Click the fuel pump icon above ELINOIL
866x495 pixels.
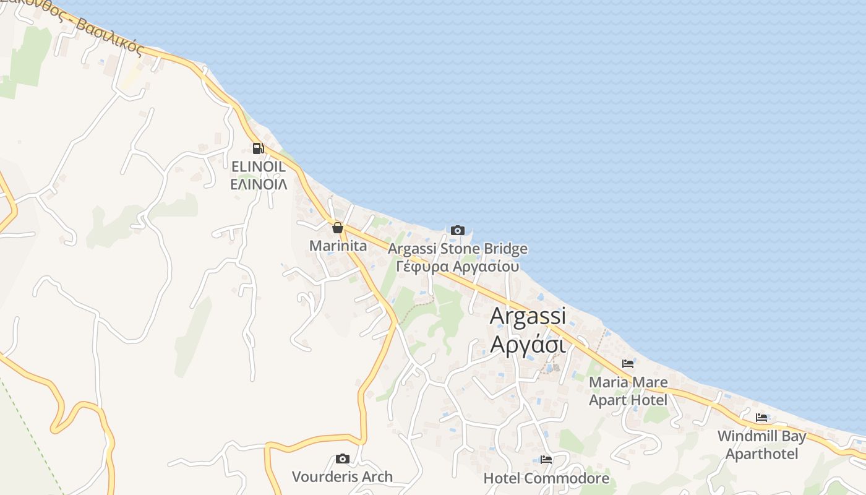coord(258,148)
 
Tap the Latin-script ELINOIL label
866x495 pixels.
coord(258,166)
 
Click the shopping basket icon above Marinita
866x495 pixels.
coord(338,228)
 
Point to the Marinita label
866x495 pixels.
coord(338,246)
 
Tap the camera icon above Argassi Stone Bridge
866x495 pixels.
coord(458,231)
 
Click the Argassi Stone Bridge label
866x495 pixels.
coord(458,249)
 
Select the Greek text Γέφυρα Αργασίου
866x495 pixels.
coord(458,267)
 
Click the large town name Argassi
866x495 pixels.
coord(528,316)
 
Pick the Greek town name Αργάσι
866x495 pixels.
coord(528,344)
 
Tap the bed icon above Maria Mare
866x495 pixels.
coord(628,364)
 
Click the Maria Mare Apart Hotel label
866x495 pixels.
coord(628,391)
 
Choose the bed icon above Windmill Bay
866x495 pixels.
coord(761,418)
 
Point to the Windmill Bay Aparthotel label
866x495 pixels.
coord(761,445)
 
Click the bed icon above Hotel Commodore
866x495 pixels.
coord(546,460)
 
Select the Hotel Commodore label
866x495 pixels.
coord(546,478)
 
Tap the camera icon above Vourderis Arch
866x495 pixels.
coord(342,458)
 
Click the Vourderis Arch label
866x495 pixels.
coord(342,476)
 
